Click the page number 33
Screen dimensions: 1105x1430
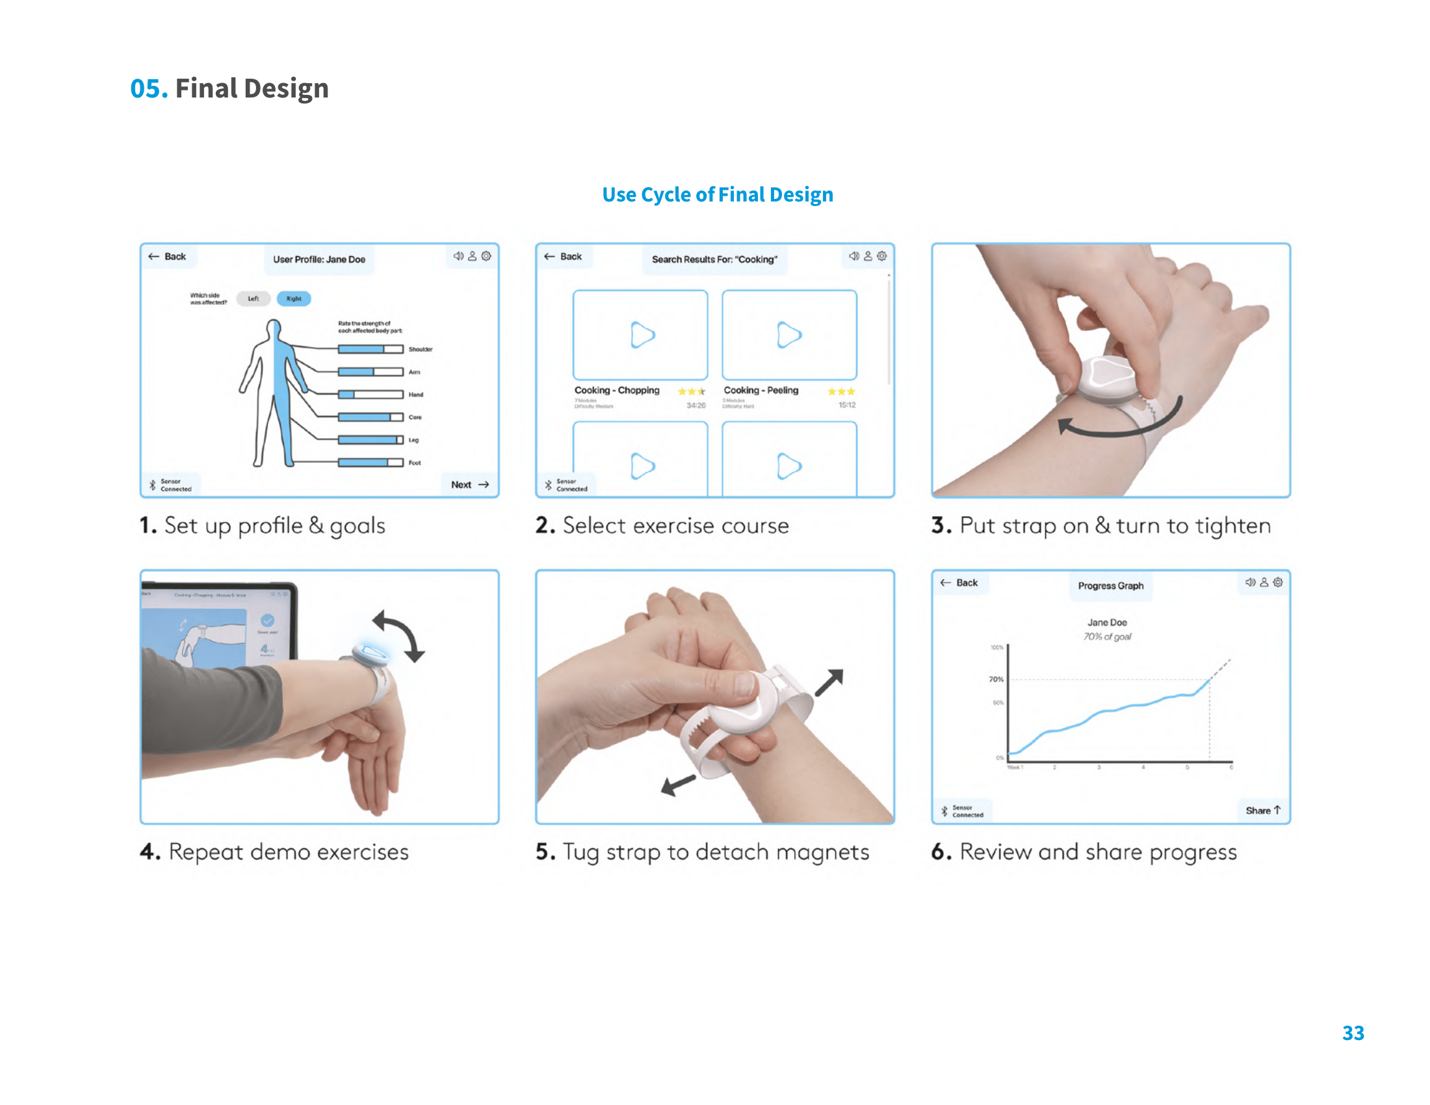1353,1032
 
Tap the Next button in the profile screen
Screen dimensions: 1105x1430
469,484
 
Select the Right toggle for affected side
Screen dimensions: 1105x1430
293,298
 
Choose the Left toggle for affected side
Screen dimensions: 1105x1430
253,298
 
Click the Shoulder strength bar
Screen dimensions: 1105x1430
370,350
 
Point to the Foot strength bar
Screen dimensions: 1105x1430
370,463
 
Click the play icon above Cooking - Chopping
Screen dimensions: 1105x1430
642,335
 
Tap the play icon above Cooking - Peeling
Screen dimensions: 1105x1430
788,335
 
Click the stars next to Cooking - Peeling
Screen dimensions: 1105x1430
840,391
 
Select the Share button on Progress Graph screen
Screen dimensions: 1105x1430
1262,811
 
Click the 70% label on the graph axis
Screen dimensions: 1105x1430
995,679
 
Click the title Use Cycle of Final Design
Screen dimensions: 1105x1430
717,194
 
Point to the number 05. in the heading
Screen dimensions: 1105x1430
149,88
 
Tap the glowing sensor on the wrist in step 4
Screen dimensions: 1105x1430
371,653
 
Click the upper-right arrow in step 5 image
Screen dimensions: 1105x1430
829,682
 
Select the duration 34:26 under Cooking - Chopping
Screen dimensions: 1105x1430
695,406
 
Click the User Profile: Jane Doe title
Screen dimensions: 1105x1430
319,259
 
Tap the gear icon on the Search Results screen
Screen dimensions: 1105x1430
882,256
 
